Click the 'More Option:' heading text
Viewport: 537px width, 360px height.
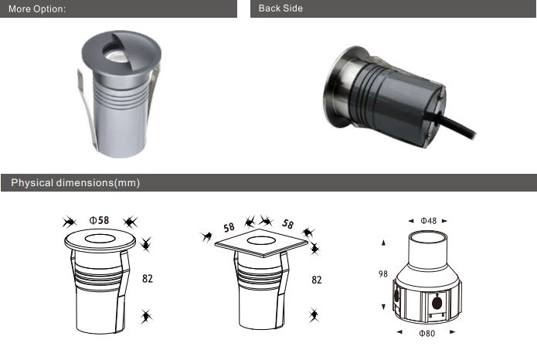(37, 9)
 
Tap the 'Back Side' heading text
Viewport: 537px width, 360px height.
(280, 8)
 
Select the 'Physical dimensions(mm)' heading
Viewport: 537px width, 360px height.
(76, 182)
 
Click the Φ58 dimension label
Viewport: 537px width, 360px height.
(99, 220)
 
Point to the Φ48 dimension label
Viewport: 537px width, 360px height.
(428, 221)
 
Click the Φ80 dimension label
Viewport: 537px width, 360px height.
(427, 333)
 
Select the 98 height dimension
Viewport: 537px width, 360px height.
(383, 273)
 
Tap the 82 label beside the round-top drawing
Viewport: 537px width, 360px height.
(148, 278)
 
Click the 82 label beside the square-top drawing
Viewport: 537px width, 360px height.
(317, 280)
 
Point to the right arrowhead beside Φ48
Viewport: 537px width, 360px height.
(444, 221)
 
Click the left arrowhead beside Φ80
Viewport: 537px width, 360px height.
(399, 331)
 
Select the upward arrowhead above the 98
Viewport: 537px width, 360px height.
(383, 243)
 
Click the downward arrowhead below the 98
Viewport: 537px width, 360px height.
(383, 307)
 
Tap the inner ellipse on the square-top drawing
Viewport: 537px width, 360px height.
(261, 241)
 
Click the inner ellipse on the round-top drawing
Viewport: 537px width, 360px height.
(100, 239)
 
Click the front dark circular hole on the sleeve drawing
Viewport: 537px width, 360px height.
(437, 303)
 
